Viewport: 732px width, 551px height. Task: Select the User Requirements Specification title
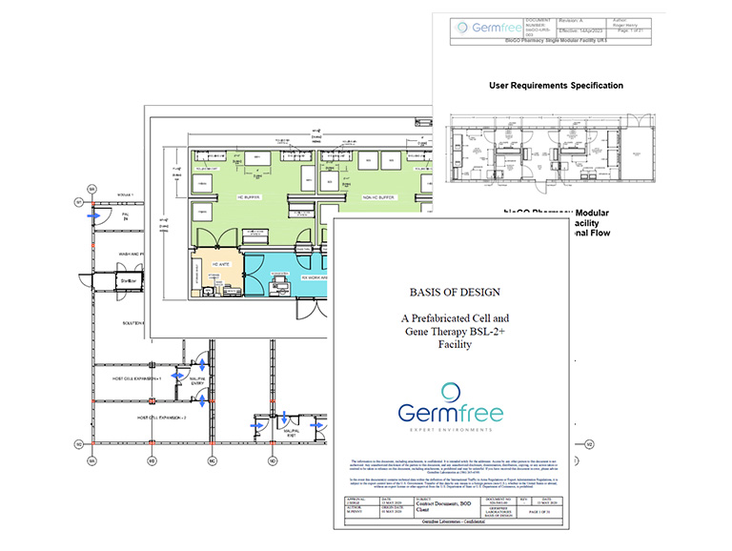click(x=556, y=86)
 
